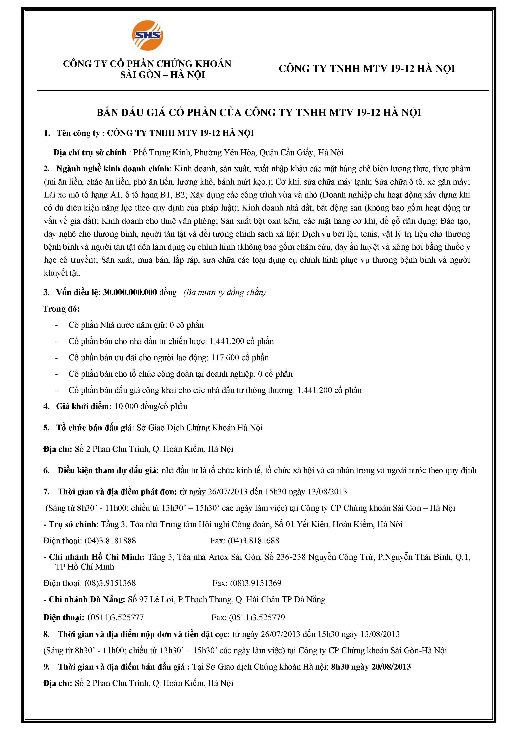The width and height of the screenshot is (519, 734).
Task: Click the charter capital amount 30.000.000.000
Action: coord(130,292)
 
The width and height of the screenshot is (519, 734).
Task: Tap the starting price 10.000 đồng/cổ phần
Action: coord(151,406)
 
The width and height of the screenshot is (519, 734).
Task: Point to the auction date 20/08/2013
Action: coord(391,667)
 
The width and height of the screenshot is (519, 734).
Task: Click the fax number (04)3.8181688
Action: coord(253,541)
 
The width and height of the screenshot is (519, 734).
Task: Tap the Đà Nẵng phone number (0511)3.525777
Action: coord(116,617)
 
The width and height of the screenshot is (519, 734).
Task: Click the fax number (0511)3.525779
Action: coord(257,617)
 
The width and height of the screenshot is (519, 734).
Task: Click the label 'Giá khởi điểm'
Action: coord(84,406)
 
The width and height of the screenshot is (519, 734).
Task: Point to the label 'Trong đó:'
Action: coord(61,309)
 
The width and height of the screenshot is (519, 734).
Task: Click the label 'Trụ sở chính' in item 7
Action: coord(72,524)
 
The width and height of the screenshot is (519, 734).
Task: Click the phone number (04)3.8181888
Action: coord(110,541)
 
